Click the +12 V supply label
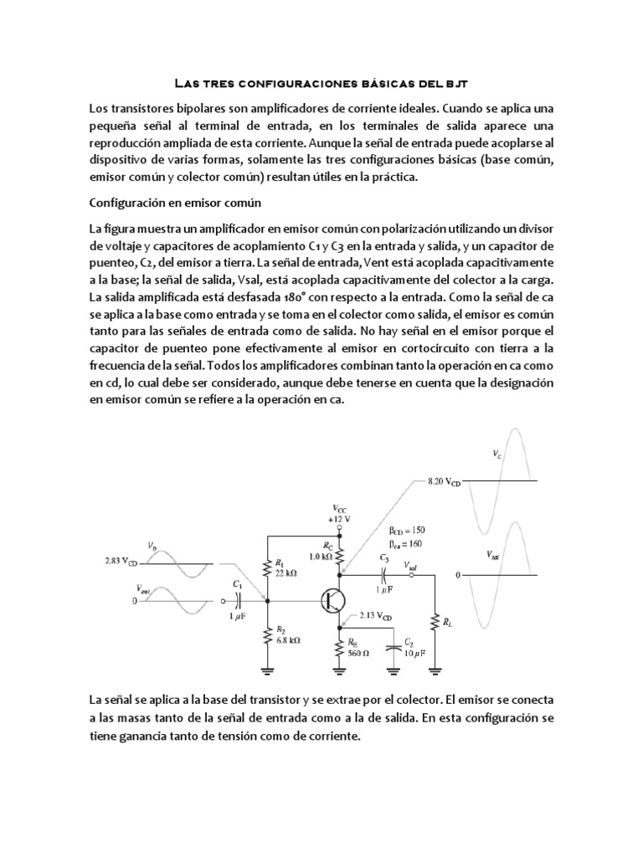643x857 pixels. pyautogui.click(x=338, y=517)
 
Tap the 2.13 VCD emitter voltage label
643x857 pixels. pyautogui.click(x=373, y=616)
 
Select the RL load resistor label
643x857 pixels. pyautogui.click(x=450, y=622)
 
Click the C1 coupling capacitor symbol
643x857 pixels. pyautogui.click(x=239, y=601)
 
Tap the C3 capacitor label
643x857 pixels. pyautogui.click(x=383, y=557)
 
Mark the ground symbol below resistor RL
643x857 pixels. pyautogui.click(x=435, y=669)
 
